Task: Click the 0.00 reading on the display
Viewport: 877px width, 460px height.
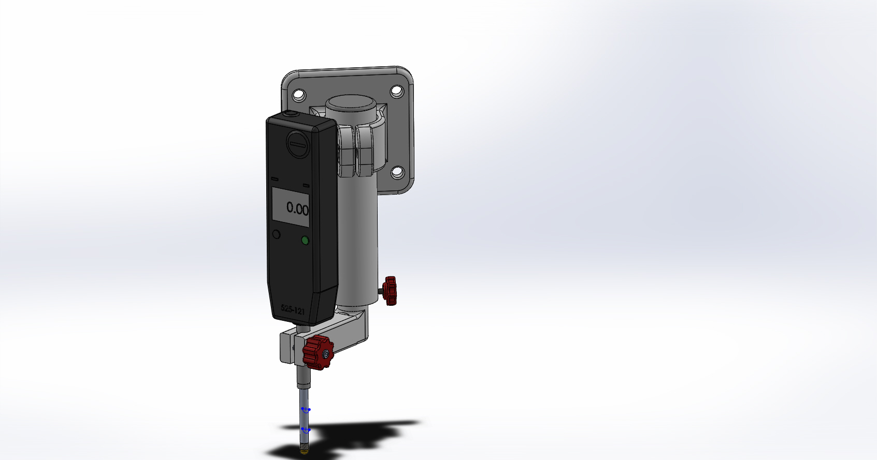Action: click(x=297, y=209)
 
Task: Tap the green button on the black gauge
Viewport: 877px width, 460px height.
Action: click(x=306, y=240)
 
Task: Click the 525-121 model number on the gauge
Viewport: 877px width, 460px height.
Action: click(x=293, y=309)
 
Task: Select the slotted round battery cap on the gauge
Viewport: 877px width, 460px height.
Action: click(x=298, y=144)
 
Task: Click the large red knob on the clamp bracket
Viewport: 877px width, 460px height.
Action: click(x=318, y=352)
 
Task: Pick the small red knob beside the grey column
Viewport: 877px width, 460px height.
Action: click(x=390, y=291)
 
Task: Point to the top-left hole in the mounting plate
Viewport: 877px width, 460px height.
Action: click(x=299, y=95)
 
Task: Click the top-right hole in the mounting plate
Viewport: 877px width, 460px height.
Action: click(x=397, y=92)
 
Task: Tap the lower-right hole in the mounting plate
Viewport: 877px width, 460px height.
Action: click(x=398, y=172)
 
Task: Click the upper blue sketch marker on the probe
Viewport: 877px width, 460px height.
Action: click(x=306, y=409)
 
